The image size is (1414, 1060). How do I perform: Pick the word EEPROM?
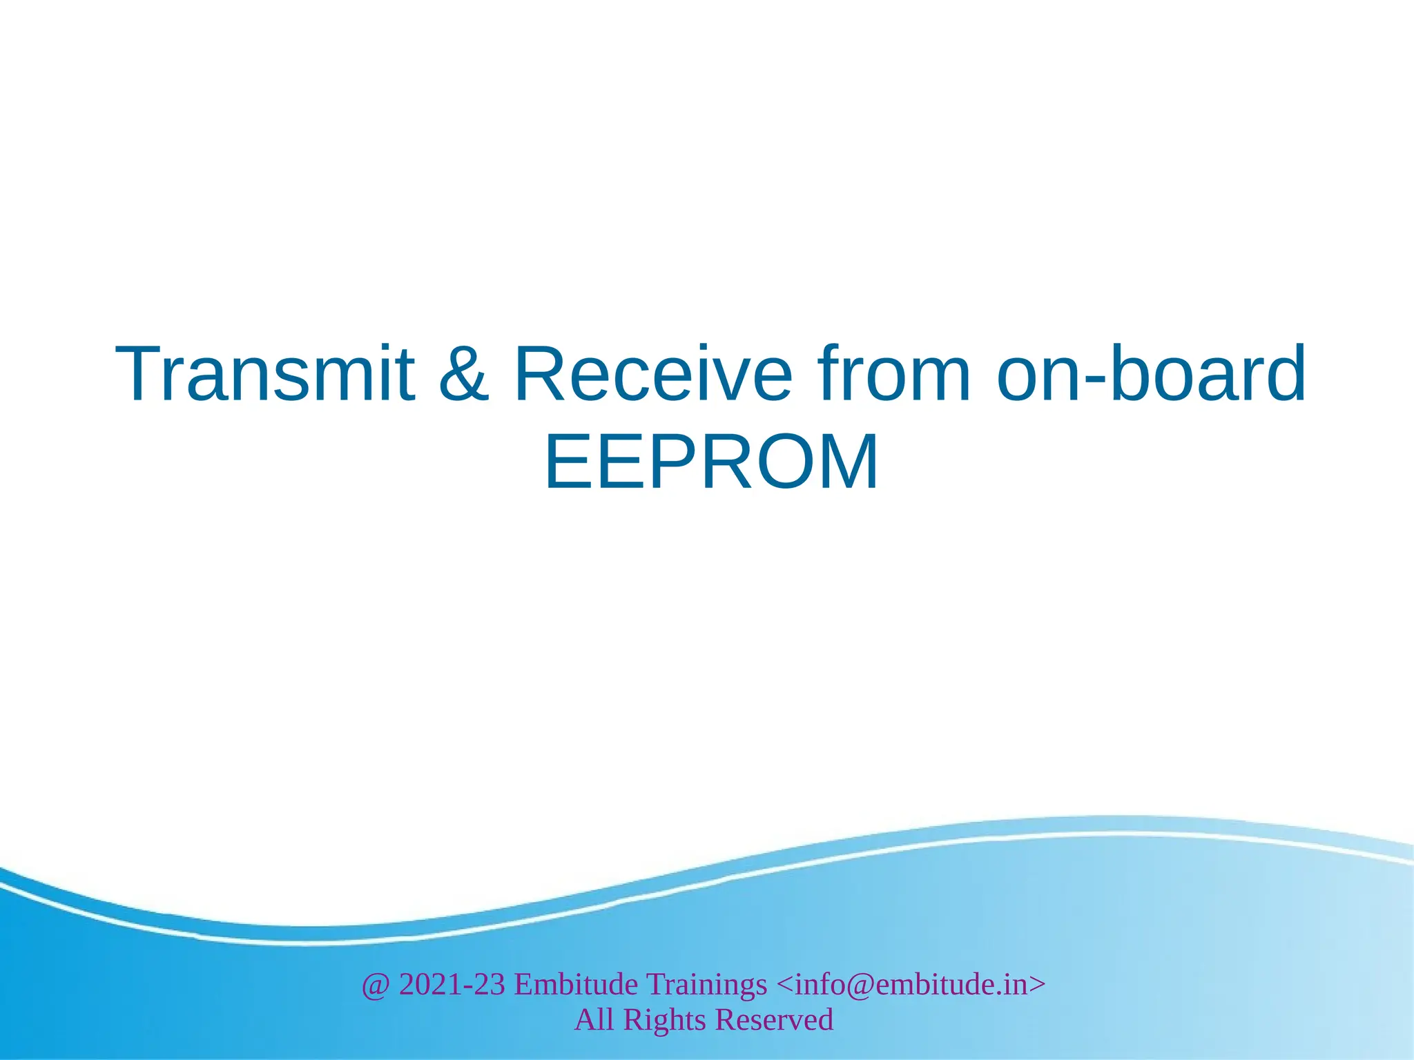click(x=711, y=462)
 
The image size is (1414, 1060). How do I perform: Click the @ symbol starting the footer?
click(x=376, y=985)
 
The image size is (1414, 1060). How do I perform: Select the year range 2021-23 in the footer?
click(x=452, y=984)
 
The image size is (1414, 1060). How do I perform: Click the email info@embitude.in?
click(x=911, y=984)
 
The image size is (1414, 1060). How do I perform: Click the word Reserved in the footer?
click(x=774, y=1019)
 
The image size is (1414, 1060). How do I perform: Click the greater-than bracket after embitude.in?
click(x=1037, y=985)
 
